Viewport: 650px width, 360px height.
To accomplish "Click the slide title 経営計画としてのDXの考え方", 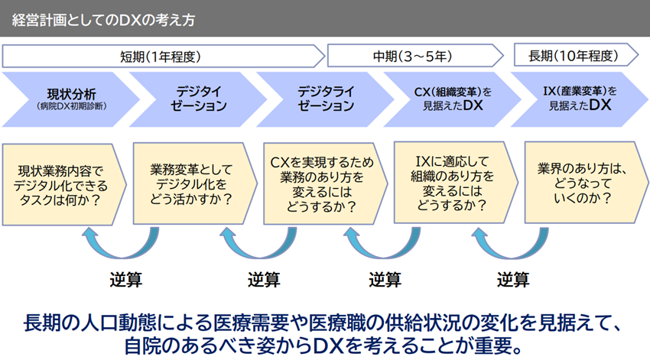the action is click(104, 20).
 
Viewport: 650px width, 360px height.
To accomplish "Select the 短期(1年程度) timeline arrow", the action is click(164, 57).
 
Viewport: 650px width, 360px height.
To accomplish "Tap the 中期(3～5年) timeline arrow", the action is click(415, 56).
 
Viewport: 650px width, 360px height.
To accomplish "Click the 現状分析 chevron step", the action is click(71, 99).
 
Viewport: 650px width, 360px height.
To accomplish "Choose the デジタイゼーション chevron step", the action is click(198, 99).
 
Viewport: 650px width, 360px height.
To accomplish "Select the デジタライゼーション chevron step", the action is click(326, 99).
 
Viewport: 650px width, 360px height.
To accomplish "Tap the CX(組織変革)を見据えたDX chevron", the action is click(452, 99).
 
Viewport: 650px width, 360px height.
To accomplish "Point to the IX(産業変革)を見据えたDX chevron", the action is click(580, 99).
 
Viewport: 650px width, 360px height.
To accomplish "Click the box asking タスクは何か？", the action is click(64, 185).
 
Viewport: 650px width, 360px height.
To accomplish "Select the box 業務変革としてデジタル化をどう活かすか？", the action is click(195, 184).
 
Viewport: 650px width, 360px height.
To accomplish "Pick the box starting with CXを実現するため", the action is click(326, 184).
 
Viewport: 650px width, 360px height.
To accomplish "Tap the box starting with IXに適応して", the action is click(456, 183).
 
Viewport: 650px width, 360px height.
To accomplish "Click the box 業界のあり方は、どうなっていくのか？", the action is click(587, 183).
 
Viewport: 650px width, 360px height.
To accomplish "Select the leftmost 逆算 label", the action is click(126, 280).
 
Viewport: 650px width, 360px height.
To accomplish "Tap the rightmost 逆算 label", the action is click(513, 280).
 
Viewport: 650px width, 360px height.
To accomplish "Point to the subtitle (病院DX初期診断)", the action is click(71, 106).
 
